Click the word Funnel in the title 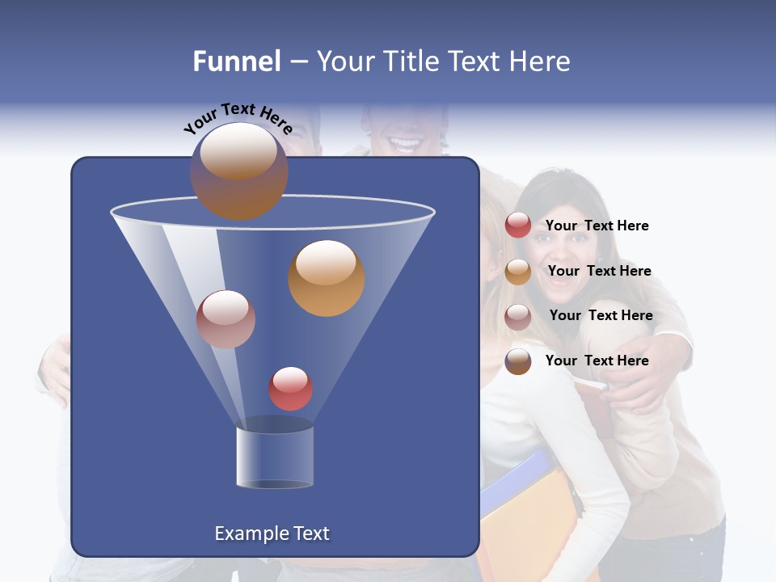tap(237, 61)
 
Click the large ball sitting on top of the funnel tap(238, 171)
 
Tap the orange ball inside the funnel tap(327, 278)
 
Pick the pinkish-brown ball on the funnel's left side tap(226, 319)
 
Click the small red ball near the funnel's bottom tap(290, 389)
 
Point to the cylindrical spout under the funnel tap(274, 457)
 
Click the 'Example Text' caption tap(272, 533)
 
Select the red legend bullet tap(518, 226)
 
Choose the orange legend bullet tap(518, 272)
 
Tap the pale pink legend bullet tap(518, 317)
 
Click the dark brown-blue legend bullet tap(518, 361)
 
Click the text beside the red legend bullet tap(597, 226)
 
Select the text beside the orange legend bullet tap(599, 272)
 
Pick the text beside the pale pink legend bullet tap(601, 316)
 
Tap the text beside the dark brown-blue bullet tap(597, 361)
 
